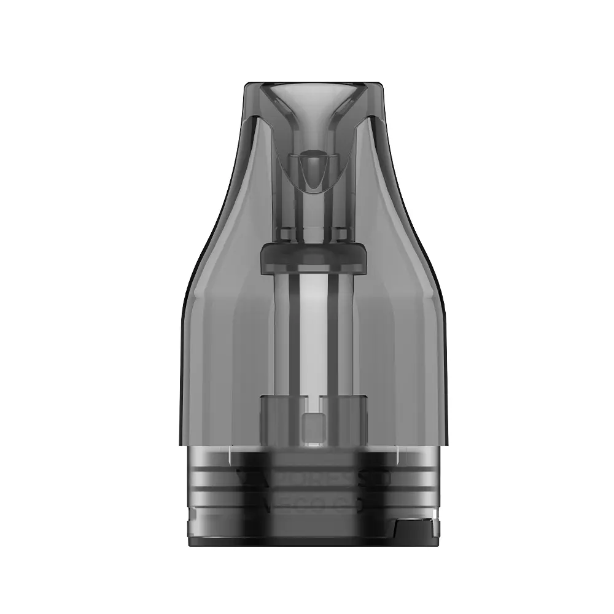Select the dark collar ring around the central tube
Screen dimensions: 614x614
(307, 255)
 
